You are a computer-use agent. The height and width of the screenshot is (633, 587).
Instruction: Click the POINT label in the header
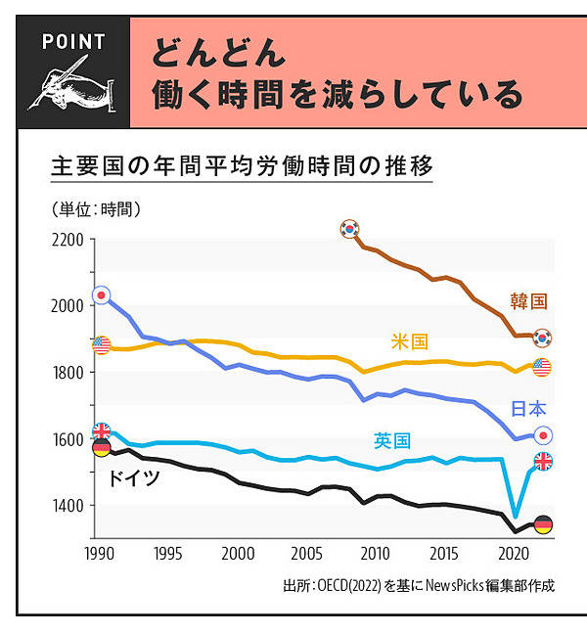click(x=74, y=42)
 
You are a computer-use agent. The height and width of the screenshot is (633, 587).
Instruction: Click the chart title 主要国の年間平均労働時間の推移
click(x=241, y=164)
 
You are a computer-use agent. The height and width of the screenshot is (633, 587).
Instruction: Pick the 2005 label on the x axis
click(x=306, y=552)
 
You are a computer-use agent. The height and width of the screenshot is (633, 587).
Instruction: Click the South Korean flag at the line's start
click(x=349, y=229)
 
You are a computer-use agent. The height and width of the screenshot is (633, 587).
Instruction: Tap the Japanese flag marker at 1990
click(x=101, y=294)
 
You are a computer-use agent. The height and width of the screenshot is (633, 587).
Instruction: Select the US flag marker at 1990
click(x=101, y=344)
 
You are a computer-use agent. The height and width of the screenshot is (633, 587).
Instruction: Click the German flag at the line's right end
click(x=542, y=525)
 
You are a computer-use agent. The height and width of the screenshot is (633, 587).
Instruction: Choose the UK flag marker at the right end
click(x=542, y=461)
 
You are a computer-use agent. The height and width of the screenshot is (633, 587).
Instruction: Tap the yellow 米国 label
click(x=409, y=341)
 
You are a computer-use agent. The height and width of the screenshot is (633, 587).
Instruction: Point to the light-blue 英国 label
click(x=392, y=441)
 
